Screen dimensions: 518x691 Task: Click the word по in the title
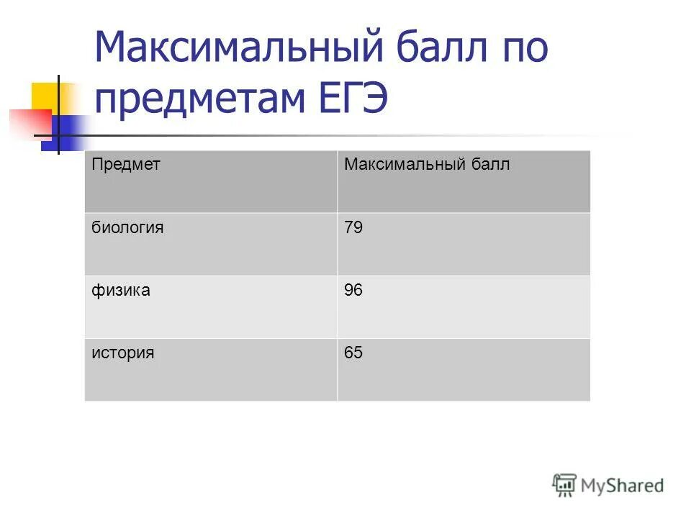[x=520, y=48]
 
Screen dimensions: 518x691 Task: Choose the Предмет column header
[x=125, y=164]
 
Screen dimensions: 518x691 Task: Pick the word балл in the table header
[x=492, y=165]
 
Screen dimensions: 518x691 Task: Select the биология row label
[x=127, y=228]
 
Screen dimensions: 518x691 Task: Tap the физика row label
[x=120, y=291]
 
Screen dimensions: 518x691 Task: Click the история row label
[x=122, y=353]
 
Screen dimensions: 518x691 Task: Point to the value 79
[x=353, y=228]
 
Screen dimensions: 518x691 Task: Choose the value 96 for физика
[x=353, y=291]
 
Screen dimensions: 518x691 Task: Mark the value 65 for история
[x=353, y=353]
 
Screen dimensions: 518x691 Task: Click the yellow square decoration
[x=45, y=96]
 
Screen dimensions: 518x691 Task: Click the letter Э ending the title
[x=375, y=99]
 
